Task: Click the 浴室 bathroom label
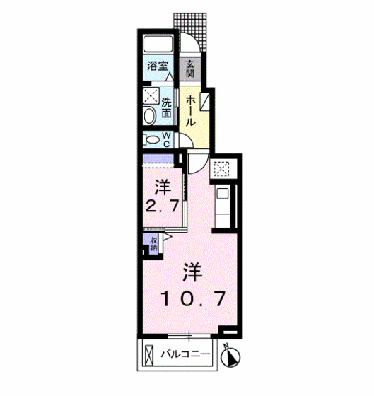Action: pyautogui.click(x=158, y=66)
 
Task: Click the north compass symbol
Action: pyautogui.click(x=231, y=357)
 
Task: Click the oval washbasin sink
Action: pyautogui.click(x=149, y=115)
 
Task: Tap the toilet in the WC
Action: pyautogui.click(x=150, y=139)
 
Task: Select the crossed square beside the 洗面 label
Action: pyautogui.click(x=151, y=95)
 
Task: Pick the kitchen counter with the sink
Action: pyautogui.click(x=222, y=206)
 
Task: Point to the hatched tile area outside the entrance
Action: pyautogui.click(x=192, y=21)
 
